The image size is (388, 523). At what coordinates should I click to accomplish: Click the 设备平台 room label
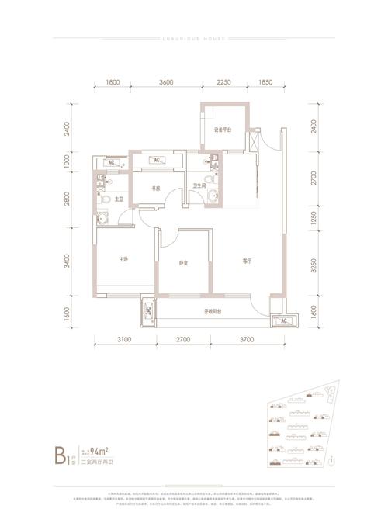pyautogui.click(x=223, y=130)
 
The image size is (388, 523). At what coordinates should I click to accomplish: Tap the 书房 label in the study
pyautogui.click(x=155, y=187)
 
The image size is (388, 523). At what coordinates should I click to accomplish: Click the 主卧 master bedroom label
pyautogui.click(x=123, y=261)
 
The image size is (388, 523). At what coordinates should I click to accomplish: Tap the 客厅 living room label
pyautogui.click(x=245, y=261)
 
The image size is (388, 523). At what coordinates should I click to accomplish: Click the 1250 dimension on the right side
pyautogui.click(x=314, y=219)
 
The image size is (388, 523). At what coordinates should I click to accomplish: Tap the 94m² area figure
pyautogui.click(x=99, y=451)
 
